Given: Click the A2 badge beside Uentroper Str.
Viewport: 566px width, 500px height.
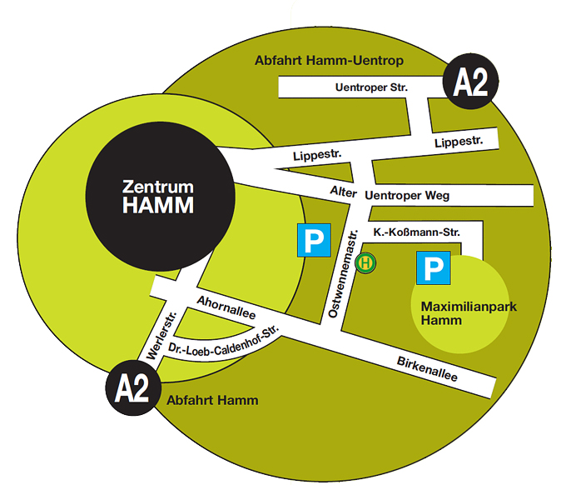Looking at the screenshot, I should (471, 82).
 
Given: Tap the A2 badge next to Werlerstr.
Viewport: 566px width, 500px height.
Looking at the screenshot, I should (132, 388).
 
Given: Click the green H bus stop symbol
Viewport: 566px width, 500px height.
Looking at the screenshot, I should (366, 262).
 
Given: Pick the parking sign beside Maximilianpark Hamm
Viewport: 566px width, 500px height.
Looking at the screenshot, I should (433, 268).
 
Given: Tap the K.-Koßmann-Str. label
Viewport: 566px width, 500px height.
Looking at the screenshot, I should (415, 231).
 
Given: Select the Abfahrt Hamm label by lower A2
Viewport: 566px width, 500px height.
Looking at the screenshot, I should (212, 400).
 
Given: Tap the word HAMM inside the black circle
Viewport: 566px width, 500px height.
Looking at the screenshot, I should (157, 205).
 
